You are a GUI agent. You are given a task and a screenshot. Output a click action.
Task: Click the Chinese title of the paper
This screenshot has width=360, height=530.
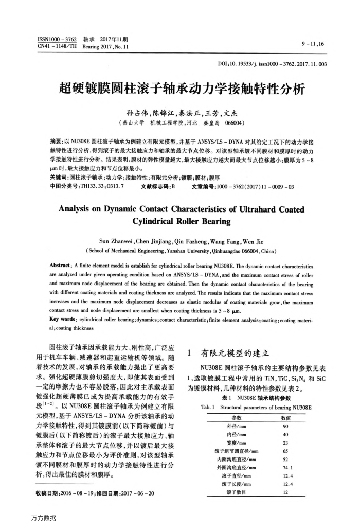pos(180,89)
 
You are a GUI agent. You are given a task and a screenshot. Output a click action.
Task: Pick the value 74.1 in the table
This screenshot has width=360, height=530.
pos(286,468)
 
